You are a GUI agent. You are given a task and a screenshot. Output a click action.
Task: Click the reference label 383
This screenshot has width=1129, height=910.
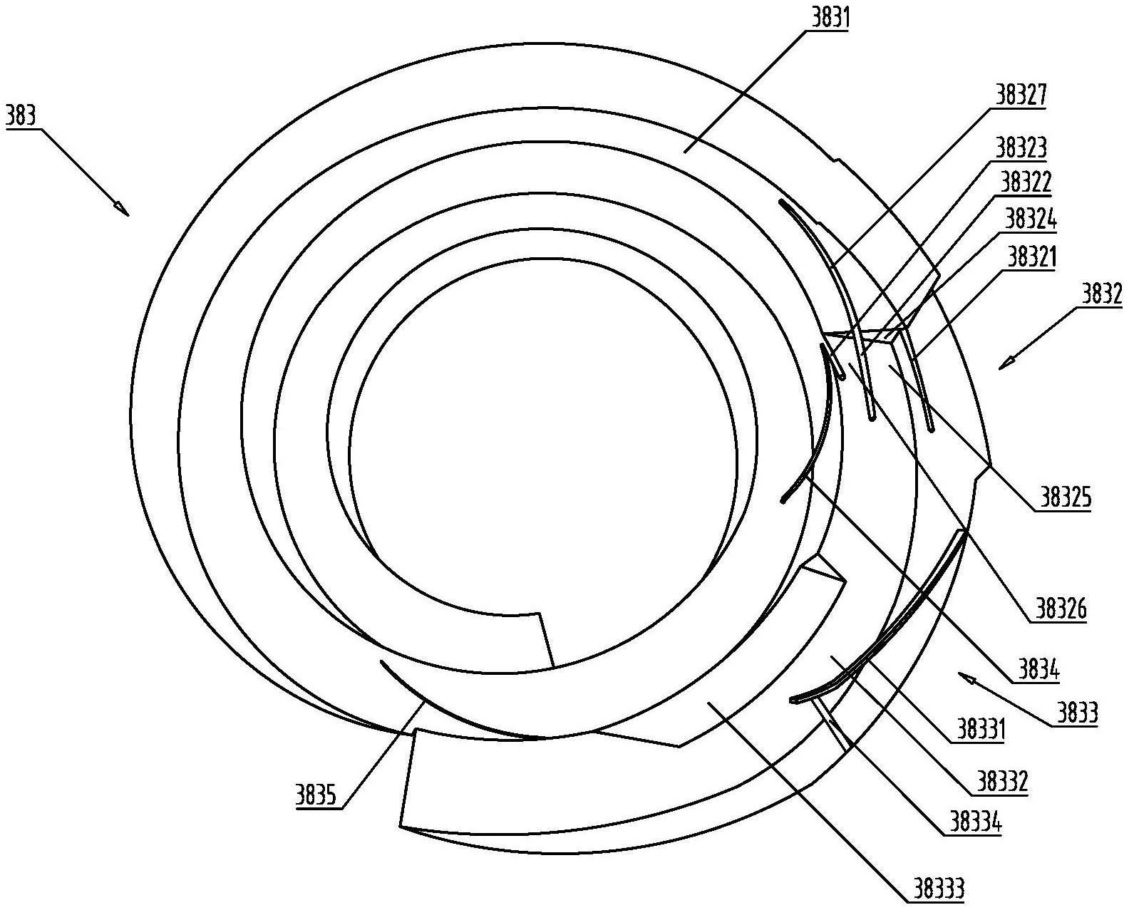click(x=21, y=116)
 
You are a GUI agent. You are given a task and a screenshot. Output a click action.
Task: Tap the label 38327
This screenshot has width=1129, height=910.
click(x=1021, y=95)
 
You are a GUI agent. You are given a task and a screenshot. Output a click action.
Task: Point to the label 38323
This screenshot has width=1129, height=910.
click(x=1021, y=148)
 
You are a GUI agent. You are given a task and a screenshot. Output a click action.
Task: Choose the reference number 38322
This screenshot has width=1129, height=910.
click(x=1026, y=182)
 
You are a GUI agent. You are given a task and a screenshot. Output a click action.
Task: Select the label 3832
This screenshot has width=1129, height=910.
click(x=1102, y=296)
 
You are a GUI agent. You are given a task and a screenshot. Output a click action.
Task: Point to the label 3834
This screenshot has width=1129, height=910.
click(x=1038, y=671)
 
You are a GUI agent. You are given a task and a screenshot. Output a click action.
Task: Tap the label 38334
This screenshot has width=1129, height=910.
click(x=976, y=822)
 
